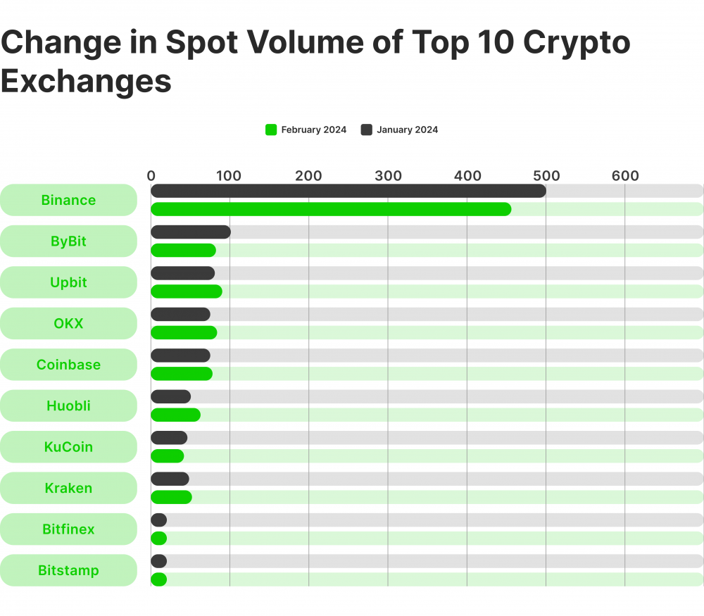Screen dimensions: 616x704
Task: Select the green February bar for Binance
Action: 331,209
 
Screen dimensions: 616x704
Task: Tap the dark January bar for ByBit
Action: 191,232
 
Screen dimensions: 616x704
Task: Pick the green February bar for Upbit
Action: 187,291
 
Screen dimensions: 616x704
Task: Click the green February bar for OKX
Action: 184,332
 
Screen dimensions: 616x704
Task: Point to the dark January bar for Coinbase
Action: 180,356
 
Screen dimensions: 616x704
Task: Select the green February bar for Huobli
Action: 175,415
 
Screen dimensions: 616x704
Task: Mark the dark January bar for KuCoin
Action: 169,438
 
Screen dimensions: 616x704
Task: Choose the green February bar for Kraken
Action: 171,497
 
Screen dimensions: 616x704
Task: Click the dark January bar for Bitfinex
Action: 159,520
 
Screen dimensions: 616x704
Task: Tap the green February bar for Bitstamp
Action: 159,579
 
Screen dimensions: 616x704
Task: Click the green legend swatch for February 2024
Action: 271,130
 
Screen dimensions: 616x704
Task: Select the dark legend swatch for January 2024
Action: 366,130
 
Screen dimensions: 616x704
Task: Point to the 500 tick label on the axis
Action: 546,176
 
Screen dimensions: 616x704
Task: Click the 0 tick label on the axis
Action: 151,176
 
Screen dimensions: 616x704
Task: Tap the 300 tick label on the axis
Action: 388,176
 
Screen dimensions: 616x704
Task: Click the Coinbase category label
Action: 68,365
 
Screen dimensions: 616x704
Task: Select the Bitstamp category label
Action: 68,570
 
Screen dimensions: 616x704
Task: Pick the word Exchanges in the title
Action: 86,81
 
